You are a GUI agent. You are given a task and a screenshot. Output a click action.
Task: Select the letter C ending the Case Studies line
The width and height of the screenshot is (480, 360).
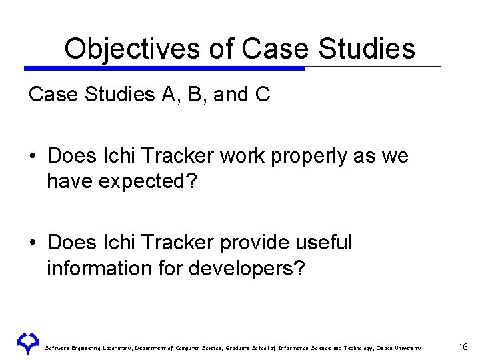coord(262,95)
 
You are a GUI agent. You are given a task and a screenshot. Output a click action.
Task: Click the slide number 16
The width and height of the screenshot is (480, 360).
coord(463,347)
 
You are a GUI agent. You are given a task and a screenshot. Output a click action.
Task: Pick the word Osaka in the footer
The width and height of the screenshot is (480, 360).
coord(385,348)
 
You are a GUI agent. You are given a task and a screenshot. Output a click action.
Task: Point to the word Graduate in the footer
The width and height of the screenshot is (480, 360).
coord(237,348)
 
